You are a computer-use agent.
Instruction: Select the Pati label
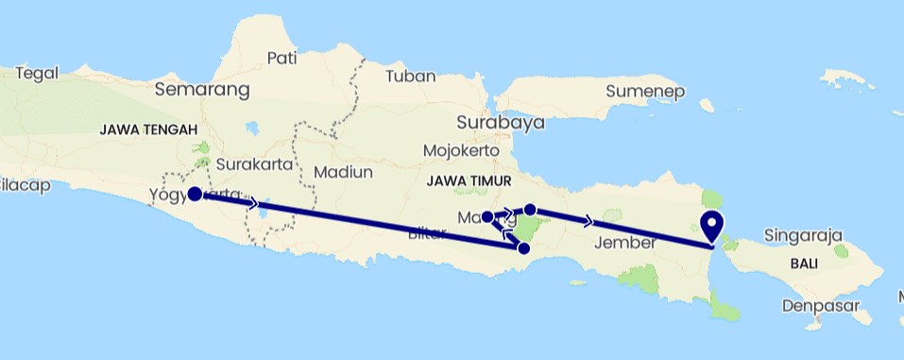point(282,58)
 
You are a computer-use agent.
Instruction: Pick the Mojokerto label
point(461,150)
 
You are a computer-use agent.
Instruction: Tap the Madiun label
point(344,172)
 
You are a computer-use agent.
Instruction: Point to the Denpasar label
point(819,305)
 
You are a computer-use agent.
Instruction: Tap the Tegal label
point(38,73)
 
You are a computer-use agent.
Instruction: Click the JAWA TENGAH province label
point(147,130)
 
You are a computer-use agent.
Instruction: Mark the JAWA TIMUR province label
point(469,180)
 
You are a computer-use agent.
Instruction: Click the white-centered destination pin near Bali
point(711,227)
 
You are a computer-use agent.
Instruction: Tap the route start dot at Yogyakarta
point(194,194)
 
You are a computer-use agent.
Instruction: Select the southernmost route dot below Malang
point(523,249)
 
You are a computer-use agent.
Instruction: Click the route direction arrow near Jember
point(590,221)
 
